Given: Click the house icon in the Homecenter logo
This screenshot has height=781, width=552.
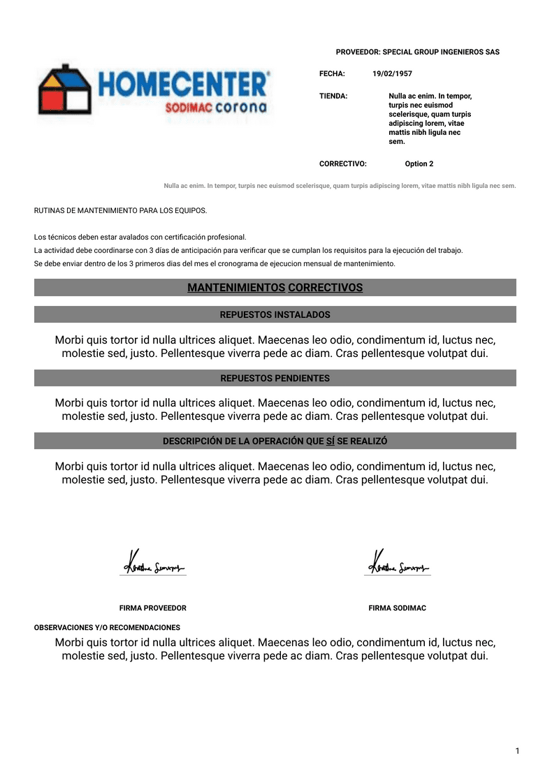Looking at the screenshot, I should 65,89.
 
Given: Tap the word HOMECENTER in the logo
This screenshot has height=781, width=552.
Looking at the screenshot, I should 183,85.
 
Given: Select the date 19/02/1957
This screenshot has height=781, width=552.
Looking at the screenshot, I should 392,73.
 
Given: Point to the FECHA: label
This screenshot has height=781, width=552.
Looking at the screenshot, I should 332,73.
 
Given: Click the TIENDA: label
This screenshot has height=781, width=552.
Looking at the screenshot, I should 333,96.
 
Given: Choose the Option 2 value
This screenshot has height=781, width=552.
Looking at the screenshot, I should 419,163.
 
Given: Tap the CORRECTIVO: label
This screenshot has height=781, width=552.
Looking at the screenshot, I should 343,163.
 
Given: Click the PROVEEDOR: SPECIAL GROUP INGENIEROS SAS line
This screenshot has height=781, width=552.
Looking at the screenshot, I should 417,52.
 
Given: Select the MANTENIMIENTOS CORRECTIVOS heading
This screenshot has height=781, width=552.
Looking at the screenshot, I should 275,288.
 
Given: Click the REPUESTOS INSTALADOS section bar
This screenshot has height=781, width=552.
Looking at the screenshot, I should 275,315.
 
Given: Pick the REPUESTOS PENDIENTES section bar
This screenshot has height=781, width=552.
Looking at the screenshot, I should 275,378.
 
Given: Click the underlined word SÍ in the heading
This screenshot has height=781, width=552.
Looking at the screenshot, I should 330,441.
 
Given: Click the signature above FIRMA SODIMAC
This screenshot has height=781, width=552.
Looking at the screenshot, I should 397,562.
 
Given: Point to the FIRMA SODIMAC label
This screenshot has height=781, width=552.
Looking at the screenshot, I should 397,608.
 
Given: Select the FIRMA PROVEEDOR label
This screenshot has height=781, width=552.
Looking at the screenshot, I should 152,608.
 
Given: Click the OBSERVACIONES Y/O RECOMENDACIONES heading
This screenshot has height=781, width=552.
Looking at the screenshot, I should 107,627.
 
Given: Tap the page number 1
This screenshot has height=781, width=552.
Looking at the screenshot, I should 517,751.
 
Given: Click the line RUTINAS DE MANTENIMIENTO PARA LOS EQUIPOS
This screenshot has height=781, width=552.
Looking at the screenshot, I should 120,210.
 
